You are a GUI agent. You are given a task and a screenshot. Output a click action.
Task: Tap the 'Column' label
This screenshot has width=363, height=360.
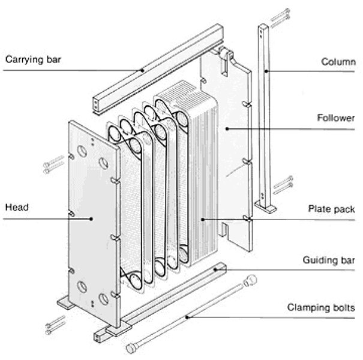tap(338, 61)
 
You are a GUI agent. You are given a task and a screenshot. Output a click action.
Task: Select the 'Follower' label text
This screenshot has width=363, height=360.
tap(335, 118)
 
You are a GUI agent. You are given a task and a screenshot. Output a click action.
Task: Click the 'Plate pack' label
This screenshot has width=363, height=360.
tap(331, 209)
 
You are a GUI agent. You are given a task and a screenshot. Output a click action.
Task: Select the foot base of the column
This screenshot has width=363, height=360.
tap(266, 208)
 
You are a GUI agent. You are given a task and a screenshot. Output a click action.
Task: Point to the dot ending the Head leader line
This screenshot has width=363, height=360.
tap(92, 219)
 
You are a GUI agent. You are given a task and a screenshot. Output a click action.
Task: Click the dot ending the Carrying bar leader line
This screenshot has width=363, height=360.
tap(143, 70)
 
